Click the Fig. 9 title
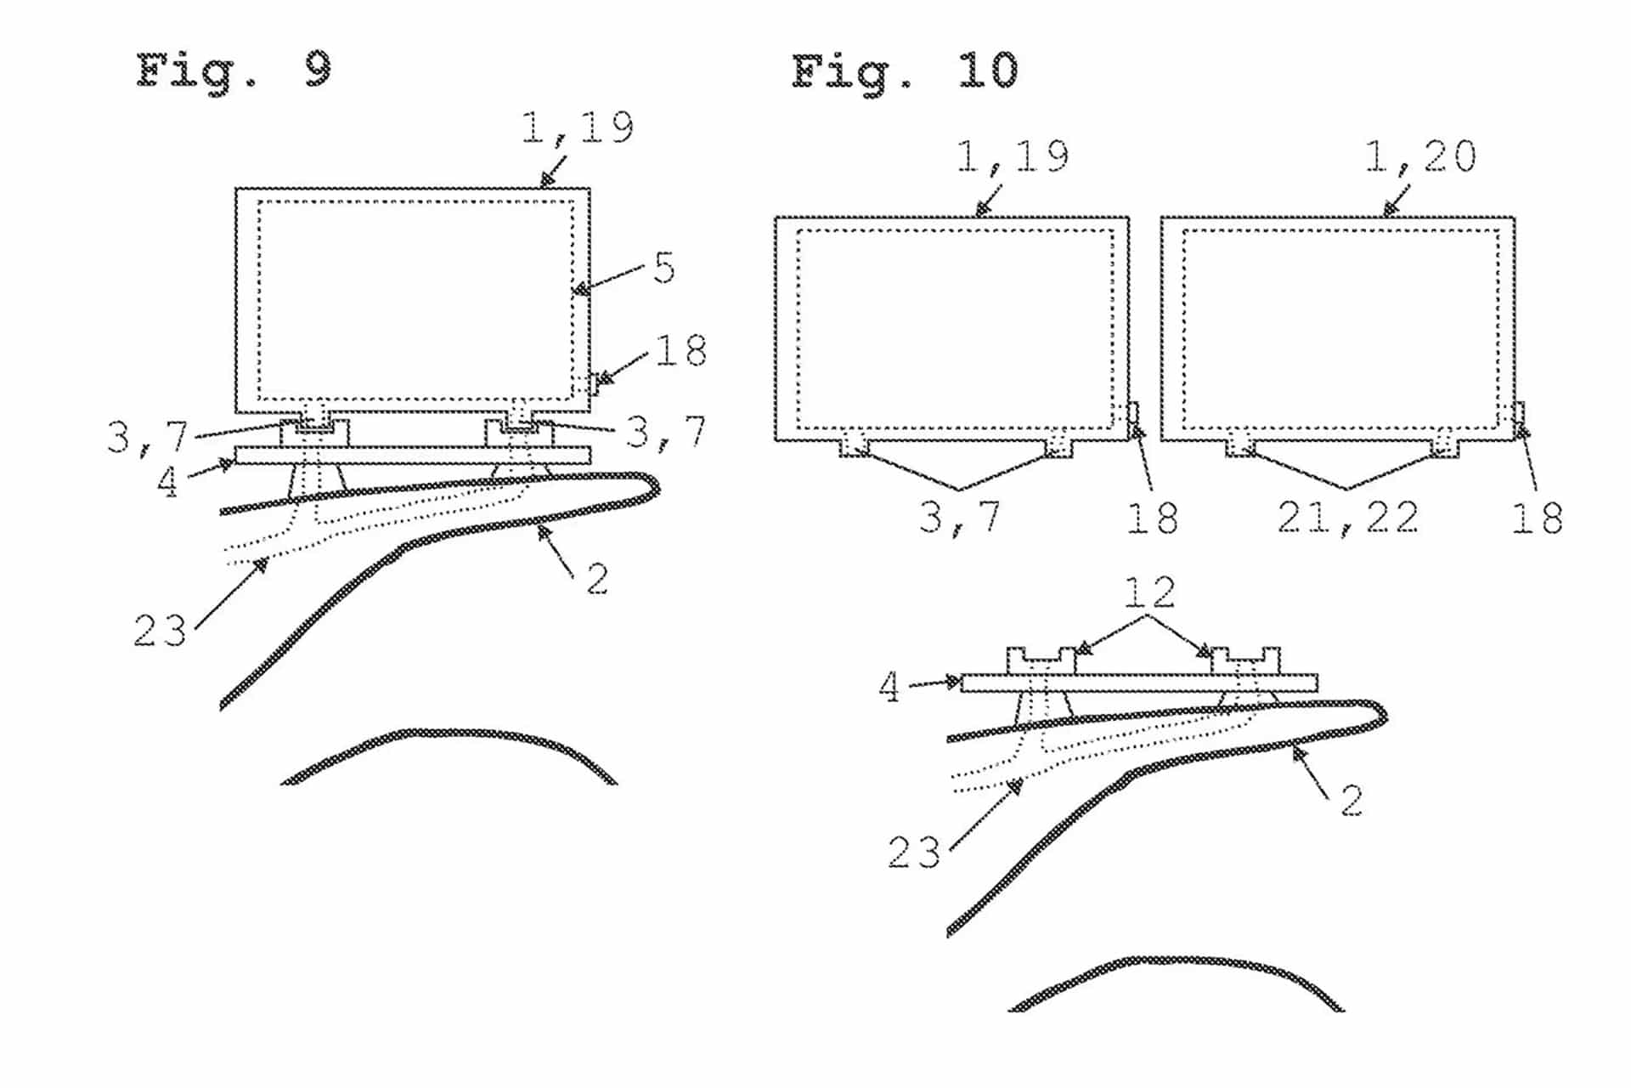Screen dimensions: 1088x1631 point(234,71)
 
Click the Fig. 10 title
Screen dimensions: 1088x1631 point(904,71)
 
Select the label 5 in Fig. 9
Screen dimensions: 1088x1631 point(664,269)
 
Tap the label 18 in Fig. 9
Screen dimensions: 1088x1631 point(680,350)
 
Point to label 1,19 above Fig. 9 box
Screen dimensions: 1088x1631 point(578,127)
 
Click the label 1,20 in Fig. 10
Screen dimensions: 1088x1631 point(1420,156)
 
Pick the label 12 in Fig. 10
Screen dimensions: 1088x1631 point(1149,592)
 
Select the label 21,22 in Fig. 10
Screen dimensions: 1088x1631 point(1348,517)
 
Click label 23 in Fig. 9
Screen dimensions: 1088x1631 point(159,631)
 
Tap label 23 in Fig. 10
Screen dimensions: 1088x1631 point(913,852)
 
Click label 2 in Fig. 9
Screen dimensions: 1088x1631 point(597,580)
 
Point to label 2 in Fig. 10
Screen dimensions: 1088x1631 point(1352,801)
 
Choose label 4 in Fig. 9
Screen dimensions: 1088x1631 point(167,482)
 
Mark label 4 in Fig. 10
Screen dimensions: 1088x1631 point(889,687)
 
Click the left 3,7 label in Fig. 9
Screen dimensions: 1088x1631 point(147,437)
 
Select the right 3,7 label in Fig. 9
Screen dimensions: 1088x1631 point(665,432)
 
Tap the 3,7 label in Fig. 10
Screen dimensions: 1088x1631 point(959,517)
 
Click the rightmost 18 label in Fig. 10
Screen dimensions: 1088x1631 point(1537,517)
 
